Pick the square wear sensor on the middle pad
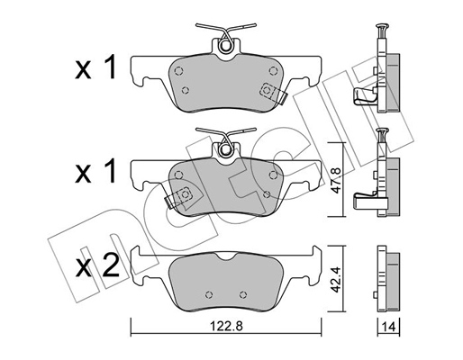pos(184,193)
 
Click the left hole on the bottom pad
pos(208,294)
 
